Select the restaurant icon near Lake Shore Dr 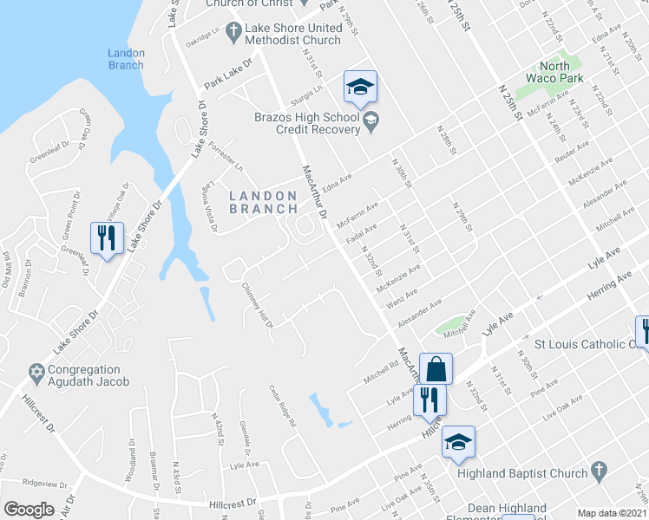click(x=107, y=238)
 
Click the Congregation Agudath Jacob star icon click(x=36, y=373)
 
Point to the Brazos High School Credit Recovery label click(x=306, y=124)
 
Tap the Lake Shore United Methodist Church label click(x=292, y=34)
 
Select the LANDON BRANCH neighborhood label click(x=268, y=202)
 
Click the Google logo click(x=29, y=509)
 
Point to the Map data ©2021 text click(x=611, y=513)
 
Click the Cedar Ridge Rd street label click(x=283, y=406)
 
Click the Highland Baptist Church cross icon click(x=597, y=471)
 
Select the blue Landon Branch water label click(x=126, y=59)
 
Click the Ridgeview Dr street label click(x=44, y=482)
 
